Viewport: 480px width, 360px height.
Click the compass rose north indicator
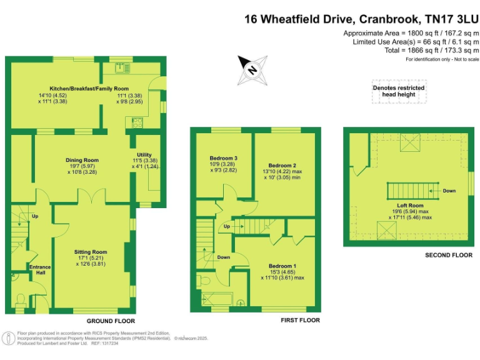tap(251, 70)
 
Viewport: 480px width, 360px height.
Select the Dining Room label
tap(82, 161)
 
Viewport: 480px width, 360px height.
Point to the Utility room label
tap(144, 155)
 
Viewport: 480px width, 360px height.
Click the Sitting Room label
tap(91, 252)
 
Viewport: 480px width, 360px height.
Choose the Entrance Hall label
tap(41, 269)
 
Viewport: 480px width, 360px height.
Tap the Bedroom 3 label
tap(223, 159)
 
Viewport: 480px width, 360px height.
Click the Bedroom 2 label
tap(281, 165)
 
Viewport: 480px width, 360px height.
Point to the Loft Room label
tap(410, 206)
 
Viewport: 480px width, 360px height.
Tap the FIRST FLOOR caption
tap(301, 320)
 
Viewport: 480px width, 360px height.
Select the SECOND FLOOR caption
tap(448, 255)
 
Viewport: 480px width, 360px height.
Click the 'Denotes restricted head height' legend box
tap(399, 91)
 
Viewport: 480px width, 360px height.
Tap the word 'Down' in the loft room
tap(449, 191)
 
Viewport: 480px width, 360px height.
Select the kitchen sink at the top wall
tap(118, 66)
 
